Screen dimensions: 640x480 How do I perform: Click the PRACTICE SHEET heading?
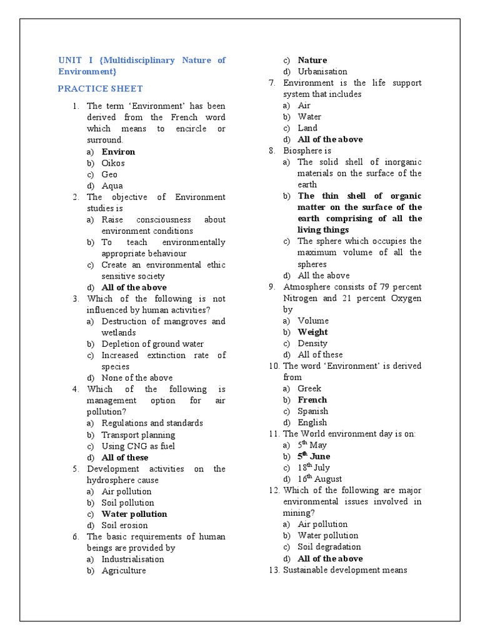100,89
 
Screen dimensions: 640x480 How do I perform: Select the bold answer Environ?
118,152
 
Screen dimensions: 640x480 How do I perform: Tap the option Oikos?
113,163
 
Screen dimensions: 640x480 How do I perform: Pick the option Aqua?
112,186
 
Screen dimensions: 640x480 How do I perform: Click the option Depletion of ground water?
152,344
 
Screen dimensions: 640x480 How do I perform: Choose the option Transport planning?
138,435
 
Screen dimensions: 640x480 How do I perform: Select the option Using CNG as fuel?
138,446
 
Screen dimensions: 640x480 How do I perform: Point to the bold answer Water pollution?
134,514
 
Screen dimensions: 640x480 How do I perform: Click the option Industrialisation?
132,559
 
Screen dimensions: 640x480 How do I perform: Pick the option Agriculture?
124,570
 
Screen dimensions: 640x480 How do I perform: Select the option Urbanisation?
322,71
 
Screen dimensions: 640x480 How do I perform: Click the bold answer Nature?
312,60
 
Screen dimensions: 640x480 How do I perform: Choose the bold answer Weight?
312,332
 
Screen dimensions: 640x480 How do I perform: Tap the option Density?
312,343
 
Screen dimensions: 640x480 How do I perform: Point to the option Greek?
309,388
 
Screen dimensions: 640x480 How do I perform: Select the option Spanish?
312,411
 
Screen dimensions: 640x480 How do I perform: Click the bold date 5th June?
314,456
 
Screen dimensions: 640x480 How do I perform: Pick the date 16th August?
319,479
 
